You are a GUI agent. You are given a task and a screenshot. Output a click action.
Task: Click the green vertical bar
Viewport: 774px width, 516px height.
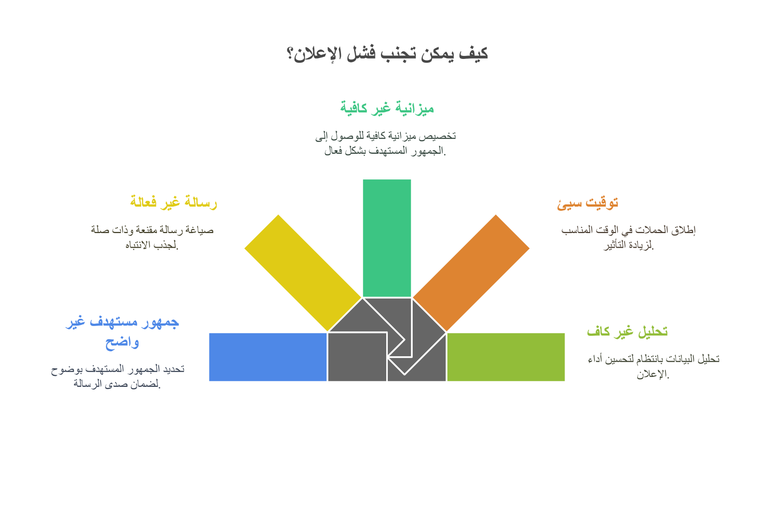pyautogui.click(x=387, y=238)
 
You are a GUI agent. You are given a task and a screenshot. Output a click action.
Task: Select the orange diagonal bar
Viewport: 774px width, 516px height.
pyautogui.click(x=471, y=273)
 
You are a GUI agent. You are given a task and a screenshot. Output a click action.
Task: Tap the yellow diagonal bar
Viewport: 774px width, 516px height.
pyautogui.click(x=303, y=273)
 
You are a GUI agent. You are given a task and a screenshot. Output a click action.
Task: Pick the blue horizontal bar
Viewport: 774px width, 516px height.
pyautogui.click(x=268, y=357)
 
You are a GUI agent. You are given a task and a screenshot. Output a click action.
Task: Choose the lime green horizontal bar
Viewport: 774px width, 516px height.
pyautogui.click(x=506, y=357)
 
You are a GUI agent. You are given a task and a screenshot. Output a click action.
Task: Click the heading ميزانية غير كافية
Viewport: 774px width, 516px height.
pyautogui.click(x=387, y=108)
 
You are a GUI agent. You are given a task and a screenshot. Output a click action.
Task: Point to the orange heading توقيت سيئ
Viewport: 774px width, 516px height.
pyautogui.click(x=587, y=203)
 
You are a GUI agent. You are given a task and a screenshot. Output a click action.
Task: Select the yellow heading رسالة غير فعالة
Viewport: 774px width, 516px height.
pyautogui.click(x=173, y=202)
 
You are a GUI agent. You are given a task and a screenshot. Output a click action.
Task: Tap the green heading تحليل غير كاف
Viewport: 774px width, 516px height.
pyautogui.click(x=627, y=332)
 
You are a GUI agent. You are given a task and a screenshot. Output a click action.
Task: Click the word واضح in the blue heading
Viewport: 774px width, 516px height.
pyautogui.click(x=122, y=342)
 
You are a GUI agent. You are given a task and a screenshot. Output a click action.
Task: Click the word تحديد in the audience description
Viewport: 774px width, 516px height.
pyautogui.click(x=174, y=369)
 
